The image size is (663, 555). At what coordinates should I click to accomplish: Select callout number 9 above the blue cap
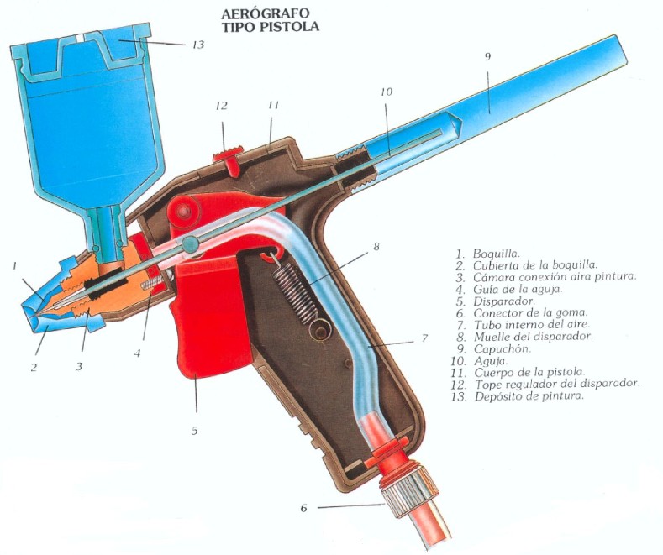coord(487,56)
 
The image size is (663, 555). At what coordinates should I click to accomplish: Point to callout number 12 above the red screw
coord(222,106)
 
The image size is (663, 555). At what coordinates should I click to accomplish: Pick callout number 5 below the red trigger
coord(194,431)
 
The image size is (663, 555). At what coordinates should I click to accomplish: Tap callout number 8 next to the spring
coord(376,247)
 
